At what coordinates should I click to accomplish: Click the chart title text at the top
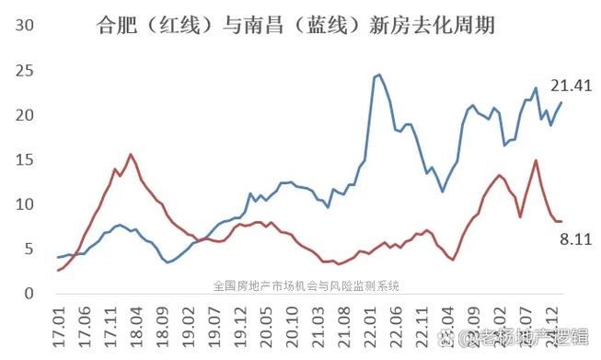coord(295,26)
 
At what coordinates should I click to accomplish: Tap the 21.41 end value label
coord(571,87)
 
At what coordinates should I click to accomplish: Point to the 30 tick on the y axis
coord(25,25)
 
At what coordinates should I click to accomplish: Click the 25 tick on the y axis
coord(25,71)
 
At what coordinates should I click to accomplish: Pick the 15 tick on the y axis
coord(25,160)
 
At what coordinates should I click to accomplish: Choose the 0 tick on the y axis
coord(29,294)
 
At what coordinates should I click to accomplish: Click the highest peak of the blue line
coord(379,75)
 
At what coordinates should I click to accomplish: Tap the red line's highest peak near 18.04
coord(131,154)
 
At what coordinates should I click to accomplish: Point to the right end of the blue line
coord(561,102)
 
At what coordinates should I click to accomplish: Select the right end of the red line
coord(561,221)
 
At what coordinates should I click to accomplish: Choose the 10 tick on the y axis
coord(25,204)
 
